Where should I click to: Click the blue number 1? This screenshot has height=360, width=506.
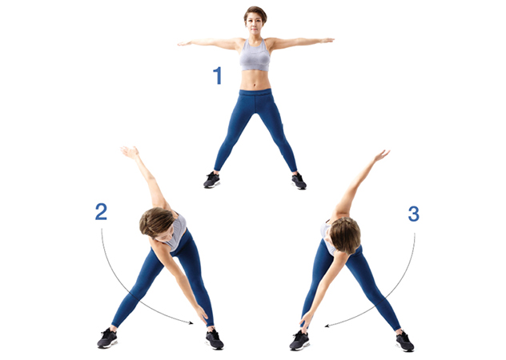coord(218,75)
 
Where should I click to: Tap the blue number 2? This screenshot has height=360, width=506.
coord(101,211)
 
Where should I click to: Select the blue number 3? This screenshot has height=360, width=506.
coord(413,214)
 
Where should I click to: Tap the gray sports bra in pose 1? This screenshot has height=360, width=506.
coord(255,55)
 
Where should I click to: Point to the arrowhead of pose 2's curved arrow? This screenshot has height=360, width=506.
coord(191,322)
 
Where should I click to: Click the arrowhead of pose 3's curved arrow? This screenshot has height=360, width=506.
coord(327,326)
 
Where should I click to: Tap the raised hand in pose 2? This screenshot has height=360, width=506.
coord(130,152)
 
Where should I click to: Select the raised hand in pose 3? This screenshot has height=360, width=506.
coord(382,155)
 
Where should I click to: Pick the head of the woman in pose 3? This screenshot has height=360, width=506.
coord(344,234)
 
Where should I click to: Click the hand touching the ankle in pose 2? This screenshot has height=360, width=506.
coord(202,314)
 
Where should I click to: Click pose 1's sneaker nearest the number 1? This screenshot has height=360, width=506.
coord(212,180)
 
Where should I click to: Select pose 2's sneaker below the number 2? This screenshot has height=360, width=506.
coord(107,338)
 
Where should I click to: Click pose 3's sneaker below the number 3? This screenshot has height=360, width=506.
coord(404,342)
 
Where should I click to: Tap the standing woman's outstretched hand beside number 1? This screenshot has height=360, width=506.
coord(185,43)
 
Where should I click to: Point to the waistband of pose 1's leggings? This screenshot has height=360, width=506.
coord(255,93)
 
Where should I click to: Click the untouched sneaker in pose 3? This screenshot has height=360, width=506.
coord(404,342)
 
